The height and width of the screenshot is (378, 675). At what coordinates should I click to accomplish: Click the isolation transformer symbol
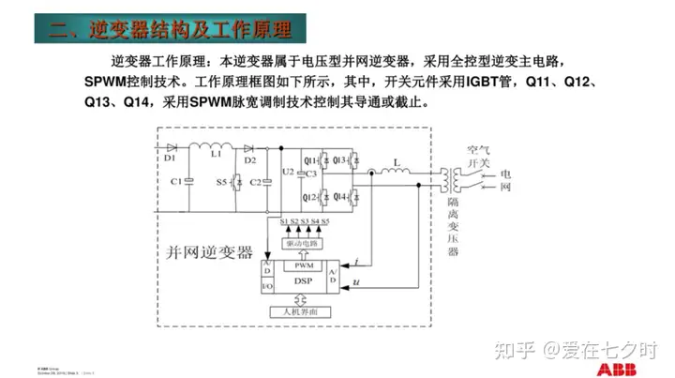(454, 177)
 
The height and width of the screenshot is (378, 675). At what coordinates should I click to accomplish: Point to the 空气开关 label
(478, 156)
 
